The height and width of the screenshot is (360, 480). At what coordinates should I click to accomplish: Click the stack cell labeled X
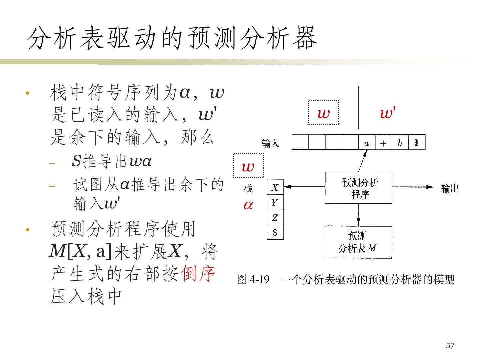[275, 187]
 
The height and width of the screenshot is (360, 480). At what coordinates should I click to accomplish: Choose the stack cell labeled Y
[275, 202]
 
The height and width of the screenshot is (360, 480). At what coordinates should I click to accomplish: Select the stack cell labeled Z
[275, 218]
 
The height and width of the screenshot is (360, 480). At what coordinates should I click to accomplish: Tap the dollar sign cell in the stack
[275, 232]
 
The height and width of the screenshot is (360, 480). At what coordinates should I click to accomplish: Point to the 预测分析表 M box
[358, 242]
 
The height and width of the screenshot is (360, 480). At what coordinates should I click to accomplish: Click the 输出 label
[450, 189]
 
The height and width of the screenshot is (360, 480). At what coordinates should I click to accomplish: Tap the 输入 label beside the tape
[270, 144]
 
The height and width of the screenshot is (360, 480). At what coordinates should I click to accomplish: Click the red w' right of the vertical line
[387, 114]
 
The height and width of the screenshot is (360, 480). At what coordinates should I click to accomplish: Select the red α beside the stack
[248, 205]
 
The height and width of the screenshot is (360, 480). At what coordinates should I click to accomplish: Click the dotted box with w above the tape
[323, 113]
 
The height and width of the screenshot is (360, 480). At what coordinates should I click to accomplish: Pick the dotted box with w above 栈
[248, 166]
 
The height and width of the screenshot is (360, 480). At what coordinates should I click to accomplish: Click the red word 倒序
[198, 274]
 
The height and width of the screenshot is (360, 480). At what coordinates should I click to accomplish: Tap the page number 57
[450, 346]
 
